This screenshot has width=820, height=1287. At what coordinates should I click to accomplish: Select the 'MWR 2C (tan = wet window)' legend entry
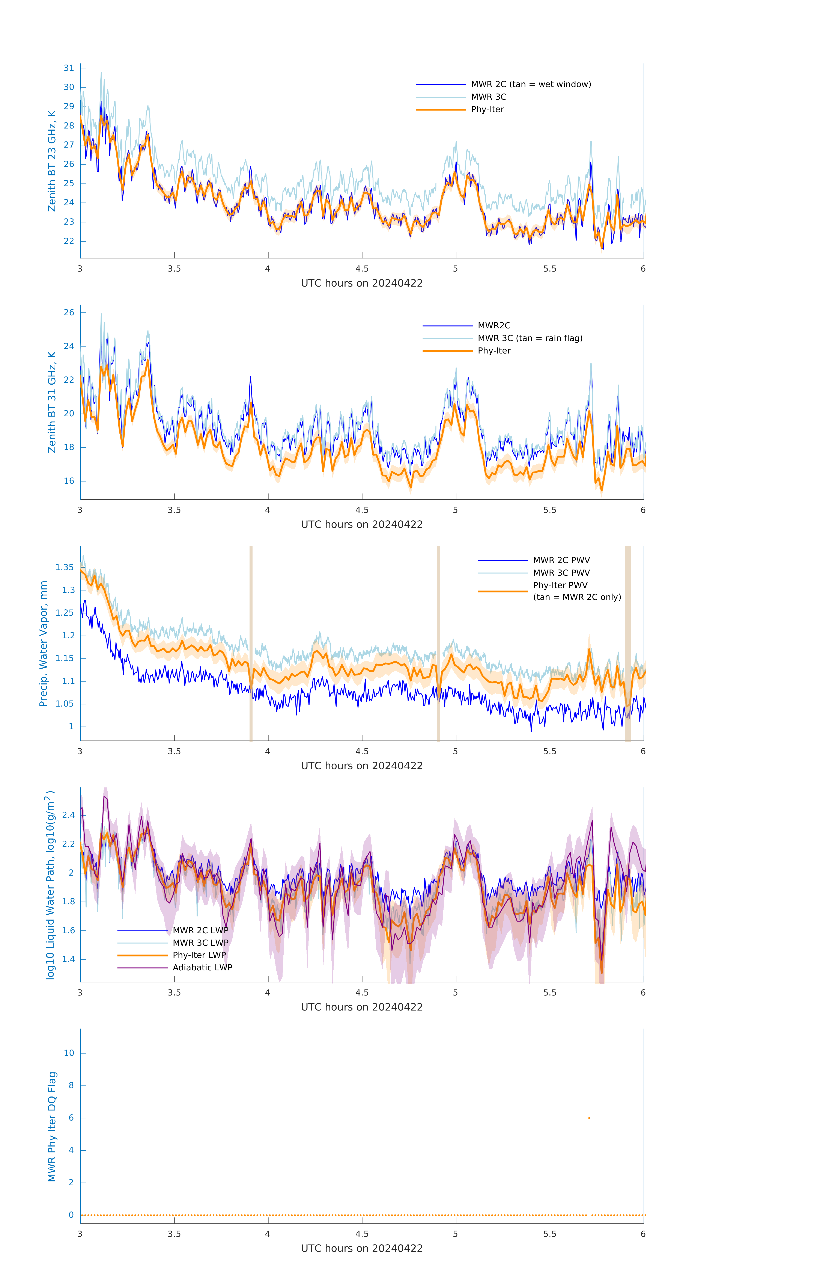[530, 85]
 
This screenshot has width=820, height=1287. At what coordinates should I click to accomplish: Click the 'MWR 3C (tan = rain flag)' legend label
[529, 338]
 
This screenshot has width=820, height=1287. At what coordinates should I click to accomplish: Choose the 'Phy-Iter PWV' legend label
[560, 585]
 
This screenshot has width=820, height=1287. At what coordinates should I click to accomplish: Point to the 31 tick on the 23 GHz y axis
[69, 68]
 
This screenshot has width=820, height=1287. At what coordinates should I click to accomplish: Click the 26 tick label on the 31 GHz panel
[69, 313]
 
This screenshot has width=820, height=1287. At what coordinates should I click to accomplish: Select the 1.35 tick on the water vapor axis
[65, 567]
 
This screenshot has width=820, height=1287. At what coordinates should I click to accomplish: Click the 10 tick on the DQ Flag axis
[69, 1053]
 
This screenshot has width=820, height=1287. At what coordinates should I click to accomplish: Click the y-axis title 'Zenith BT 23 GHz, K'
[52, 161]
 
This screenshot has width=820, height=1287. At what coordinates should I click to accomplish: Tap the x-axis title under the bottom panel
[362, 1249]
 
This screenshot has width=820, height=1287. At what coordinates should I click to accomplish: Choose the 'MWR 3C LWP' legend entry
[200, 943]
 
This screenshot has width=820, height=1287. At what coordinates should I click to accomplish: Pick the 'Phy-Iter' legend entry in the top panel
[487, 110]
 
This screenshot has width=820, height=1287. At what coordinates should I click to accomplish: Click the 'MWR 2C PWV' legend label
[561, 560]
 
